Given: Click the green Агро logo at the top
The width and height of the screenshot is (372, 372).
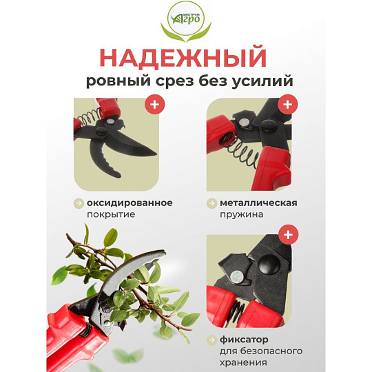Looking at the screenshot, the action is click(x=186, y=21).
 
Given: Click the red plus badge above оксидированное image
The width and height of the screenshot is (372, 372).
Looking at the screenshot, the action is click(x=155, y=105).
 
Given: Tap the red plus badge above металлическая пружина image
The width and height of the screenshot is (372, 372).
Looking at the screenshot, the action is click(x=288, y=105).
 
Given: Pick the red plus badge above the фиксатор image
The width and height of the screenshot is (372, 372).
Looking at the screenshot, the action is click(x=288, y=235).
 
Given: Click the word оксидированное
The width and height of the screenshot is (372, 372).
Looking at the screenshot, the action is click(x=130, y=203).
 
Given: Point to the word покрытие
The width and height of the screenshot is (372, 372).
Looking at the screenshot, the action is click(x=111, y=214).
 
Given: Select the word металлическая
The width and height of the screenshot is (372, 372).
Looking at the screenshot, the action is click(x=258, y=203).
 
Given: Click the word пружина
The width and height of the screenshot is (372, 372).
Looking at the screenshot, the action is click(x=242, y=215).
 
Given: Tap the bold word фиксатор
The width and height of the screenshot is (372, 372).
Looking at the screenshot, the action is click(x=244, y=340).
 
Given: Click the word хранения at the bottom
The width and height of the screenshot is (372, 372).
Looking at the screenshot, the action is click(x=243, y=362).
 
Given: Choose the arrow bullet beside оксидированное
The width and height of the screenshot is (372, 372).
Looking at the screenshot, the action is click(x=79, y=203).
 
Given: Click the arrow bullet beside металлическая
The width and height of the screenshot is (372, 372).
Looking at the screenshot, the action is click(x=211, y=203).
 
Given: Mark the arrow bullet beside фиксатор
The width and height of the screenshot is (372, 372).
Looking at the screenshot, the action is click(x=211, y=340).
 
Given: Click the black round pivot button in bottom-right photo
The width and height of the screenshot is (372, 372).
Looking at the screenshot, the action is click(x=269, y=264).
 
